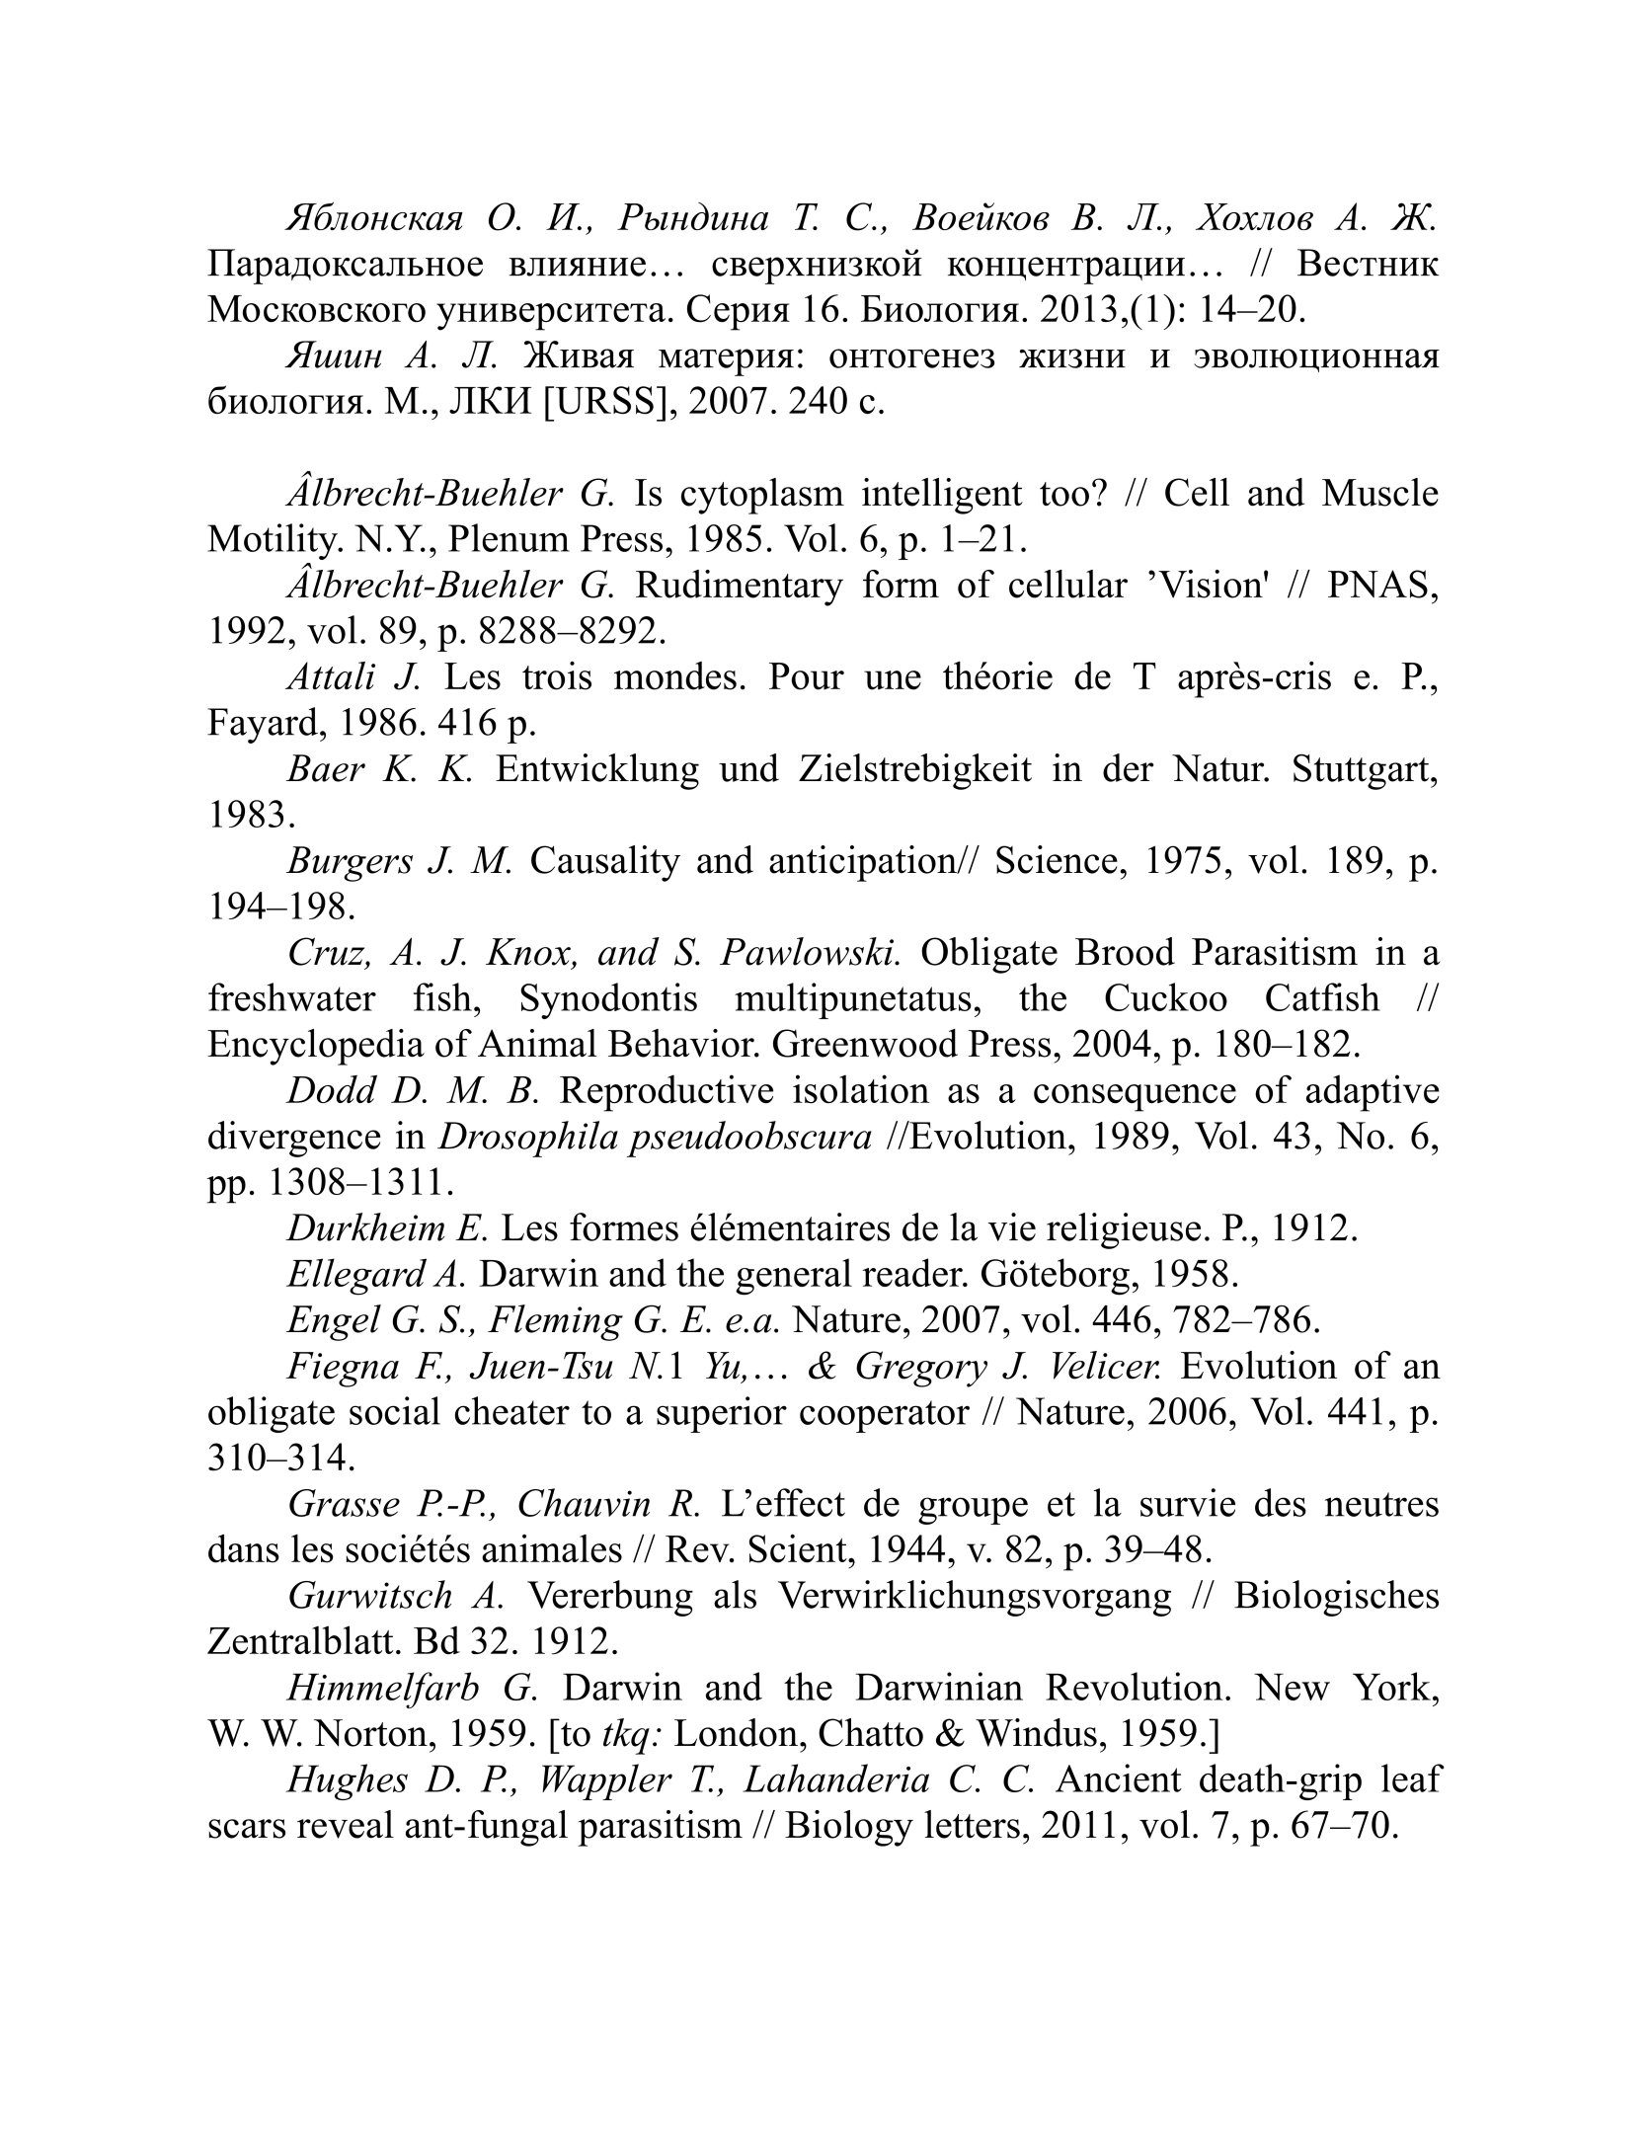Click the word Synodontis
[x=608, y=998]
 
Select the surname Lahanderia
[x=835, y=1780]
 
